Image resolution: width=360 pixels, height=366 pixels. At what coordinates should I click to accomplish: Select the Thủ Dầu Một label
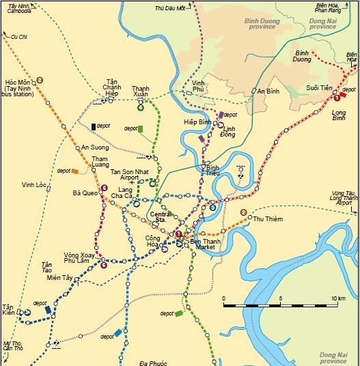point(169,9)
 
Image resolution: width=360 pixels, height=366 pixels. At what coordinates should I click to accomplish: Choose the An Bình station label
point(268,91)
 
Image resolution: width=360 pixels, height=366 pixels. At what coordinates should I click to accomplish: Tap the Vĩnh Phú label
point(199,86)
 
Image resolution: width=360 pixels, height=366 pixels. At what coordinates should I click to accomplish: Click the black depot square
point(93,126)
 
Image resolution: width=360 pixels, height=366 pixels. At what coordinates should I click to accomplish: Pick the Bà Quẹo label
point(85,193)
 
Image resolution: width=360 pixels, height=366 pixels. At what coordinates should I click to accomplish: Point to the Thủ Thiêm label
point(268,219)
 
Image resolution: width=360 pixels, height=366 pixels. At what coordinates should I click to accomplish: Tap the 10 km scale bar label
point(337,299)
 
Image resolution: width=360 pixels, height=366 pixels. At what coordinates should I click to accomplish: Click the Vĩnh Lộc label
point(33,184)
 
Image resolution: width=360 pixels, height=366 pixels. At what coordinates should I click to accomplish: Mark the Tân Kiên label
point(9,310)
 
